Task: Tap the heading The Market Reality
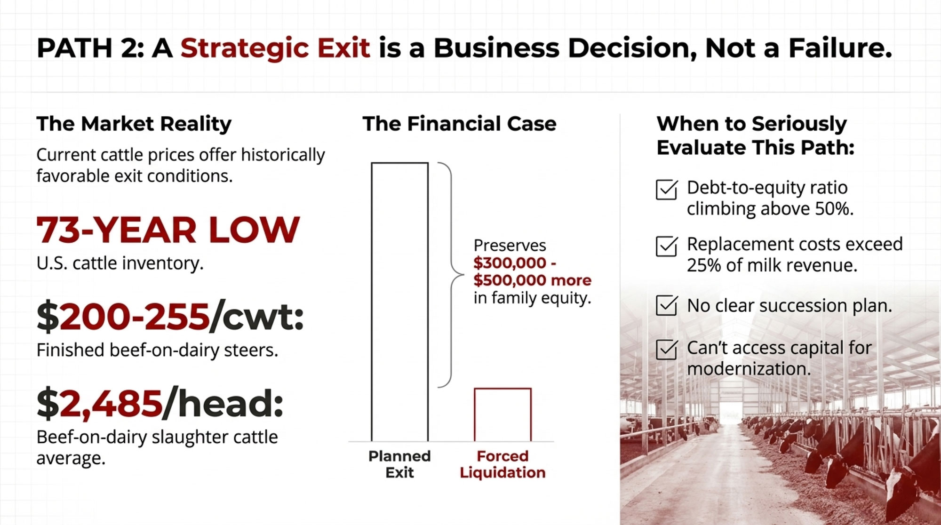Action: [134, 124]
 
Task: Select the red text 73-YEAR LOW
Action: [168, 230]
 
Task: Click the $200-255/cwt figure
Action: [170, 317]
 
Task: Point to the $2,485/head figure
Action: [160, 404]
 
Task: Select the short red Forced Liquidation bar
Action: [502, 414]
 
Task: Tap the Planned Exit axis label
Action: [399, 464]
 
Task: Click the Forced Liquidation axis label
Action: [502, 464]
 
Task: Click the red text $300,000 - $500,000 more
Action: [532, 271]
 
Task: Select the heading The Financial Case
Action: [459, 124]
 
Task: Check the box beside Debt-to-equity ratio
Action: [667, 190]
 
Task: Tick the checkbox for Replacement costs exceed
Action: [667, 246]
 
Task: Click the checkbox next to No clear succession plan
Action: [667, 305]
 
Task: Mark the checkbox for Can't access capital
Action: [667, 350]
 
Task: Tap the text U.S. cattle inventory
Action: [120, 263]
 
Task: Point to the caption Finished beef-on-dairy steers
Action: [157, 350]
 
